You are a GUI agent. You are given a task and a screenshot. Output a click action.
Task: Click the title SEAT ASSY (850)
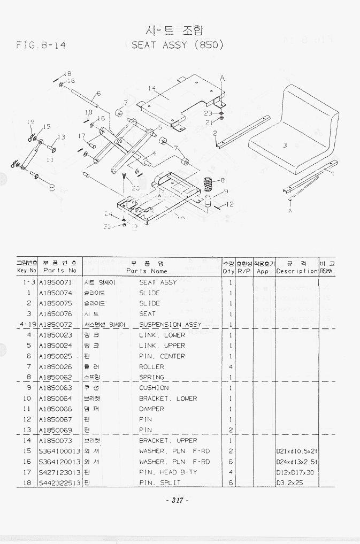click(177, 44)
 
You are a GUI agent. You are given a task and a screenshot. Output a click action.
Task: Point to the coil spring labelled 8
click(209, 185)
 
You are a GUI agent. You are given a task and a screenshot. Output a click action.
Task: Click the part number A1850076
click(55, 314)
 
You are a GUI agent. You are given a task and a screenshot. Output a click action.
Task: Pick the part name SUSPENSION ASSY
click(170, 325)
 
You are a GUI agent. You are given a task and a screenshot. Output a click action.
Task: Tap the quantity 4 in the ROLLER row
click(231, 367)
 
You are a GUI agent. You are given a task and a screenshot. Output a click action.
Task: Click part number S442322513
click(59, 483)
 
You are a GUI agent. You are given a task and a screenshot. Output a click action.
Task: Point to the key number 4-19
click(27, 325)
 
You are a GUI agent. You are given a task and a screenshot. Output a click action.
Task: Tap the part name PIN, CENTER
click(162, 356)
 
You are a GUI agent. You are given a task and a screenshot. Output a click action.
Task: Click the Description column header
click(297, 271)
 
